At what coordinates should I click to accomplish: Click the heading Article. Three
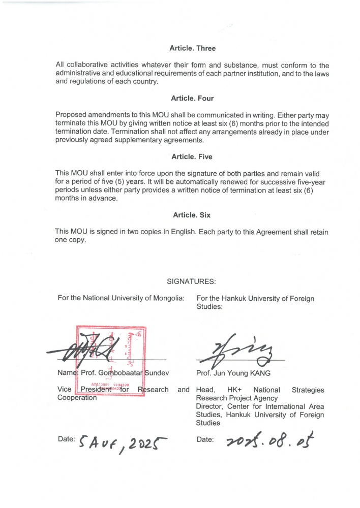pyautogui.click(x=193, y=48)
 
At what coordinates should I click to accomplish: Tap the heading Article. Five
pyautogui.click(x=193, y=157)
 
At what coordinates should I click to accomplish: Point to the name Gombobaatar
pyautogui.click(x=122, y=374)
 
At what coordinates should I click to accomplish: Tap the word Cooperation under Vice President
pyautogui.click(x=77, y=398)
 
